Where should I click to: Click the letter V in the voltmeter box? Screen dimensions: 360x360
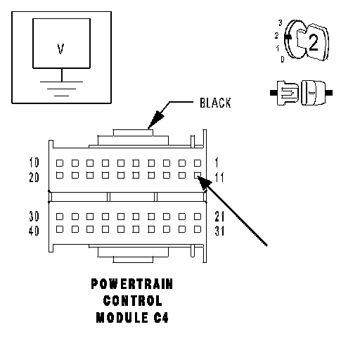pyautogui.click(x=60, y=49)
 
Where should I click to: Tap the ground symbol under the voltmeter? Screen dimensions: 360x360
pyautogui.click(x=62, y=89)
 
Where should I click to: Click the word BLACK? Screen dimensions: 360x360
pyautogui.click(x=215, y=103)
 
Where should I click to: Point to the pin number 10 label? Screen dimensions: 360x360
pyautogui.click(x=34, y=162)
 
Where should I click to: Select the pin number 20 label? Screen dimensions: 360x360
pyautogui.click(x=34, y=177)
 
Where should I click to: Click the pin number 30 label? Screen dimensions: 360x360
pyautogui.click(x=34, y=216)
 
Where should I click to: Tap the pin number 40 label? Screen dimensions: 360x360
pyautogui.click(x=34, y=231)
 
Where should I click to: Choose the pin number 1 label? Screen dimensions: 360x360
pyautogui.click(x=217, y=162)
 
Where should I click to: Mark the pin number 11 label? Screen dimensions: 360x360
pyautogui.click(x=219, y=177)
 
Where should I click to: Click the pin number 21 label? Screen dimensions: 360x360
pyautogui.click(x=219, y=216)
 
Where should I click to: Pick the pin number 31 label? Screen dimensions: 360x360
pyautogui.click(x=219, y=231)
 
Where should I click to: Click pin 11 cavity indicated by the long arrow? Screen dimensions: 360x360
pyautogui.click(x=198, y=175)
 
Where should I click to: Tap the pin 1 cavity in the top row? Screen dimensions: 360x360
pyautogui.click(x=198, y=163)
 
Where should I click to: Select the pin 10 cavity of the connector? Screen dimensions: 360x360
pyautogui.click(x=60, y=163)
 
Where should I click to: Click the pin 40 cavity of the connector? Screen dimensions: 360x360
pyautogui.click(x=60, y=229)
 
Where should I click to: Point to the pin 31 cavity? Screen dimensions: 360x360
pyautogui.click(x=198, y=229)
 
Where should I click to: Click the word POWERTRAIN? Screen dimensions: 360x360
pyautogui.click(x=132, y=284)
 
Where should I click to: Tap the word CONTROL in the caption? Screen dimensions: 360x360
pyautogui.click(x=133, y=300)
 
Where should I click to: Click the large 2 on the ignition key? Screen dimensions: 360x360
pyautogui.click(x=314, y=42)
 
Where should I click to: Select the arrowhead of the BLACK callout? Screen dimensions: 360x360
pyautogui.click(x=156, y=120)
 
